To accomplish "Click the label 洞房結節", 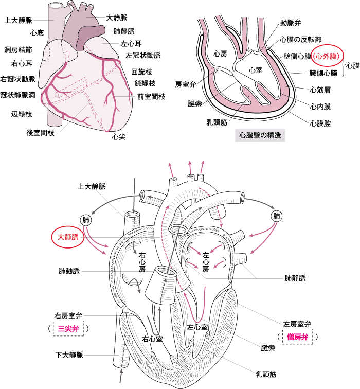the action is click(x=19, y=49).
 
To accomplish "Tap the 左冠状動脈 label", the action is click(x=143, y=55).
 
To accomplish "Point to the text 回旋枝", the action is click(x=141, y=72).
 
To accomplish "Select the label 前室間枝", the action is click(x=151, y=97).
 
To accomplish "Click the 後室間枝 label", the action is click(x=41, y=133).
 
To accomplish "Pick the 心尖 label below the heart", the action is click(x=118, y=136).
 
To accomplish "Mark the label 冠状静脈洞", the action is click(x=17, y=95).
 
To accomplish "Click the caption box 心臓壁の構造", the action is click(x=260, y=135).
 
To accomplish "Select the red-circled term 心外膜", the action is click(x=327, y=56).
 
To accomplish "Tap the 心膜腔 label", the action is click(x=320, y=123).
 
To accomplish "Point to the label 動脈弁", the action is click(x=291, y=23).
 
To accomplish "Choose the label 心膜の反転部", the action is click(x=301, y=39).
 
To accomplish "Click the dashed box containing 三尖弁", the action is click(x=68, y=328).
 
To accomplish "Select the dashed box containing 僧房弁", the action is click(x=298, y=337).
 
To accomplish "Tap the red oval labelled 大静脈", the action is click(x=68, y=237).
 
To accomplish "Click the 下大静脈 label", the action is click(x=69, y=355).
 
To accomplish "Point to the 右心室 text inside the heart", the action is click(x=152, y=339).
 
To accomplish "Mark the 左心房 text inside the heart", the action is click(x=206, y=262).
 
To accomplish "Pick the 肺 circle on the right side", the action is click(x=277, y=216).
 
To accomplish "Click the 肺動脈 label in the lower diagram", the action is click(x=69, y=271).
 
